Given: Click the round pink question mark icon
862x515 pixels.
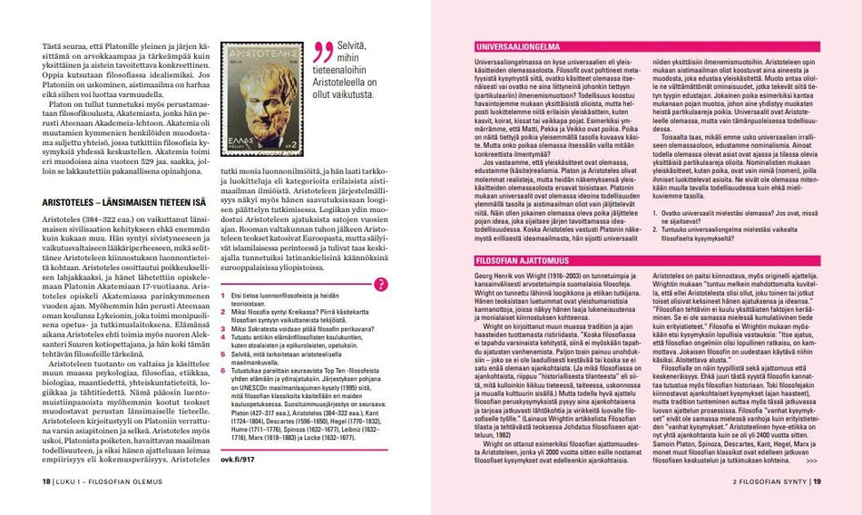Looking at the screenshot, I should [381, 283].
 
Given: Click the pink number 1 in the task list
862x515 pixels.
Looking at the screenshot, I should [223, 296].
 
